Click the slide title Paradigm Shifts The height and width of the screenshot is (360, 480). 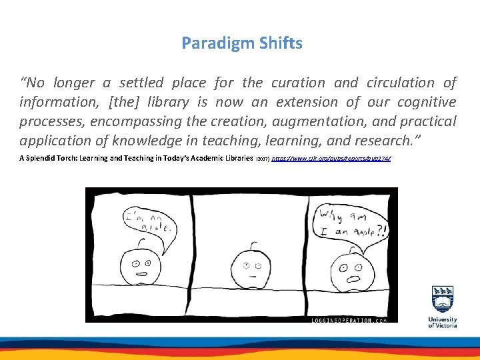click(242, 44)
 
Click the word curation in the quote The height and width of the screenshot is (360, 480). click(297, 83)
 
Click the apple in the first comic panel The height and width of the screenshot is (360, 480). click(141, 266)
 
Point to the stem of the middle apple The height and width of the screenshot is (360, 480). click(248, 240)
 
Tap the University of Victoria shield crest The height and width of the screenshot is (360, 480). click(443, 300)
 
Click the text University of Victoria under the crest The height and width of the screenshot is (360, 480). click(443, 322)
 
